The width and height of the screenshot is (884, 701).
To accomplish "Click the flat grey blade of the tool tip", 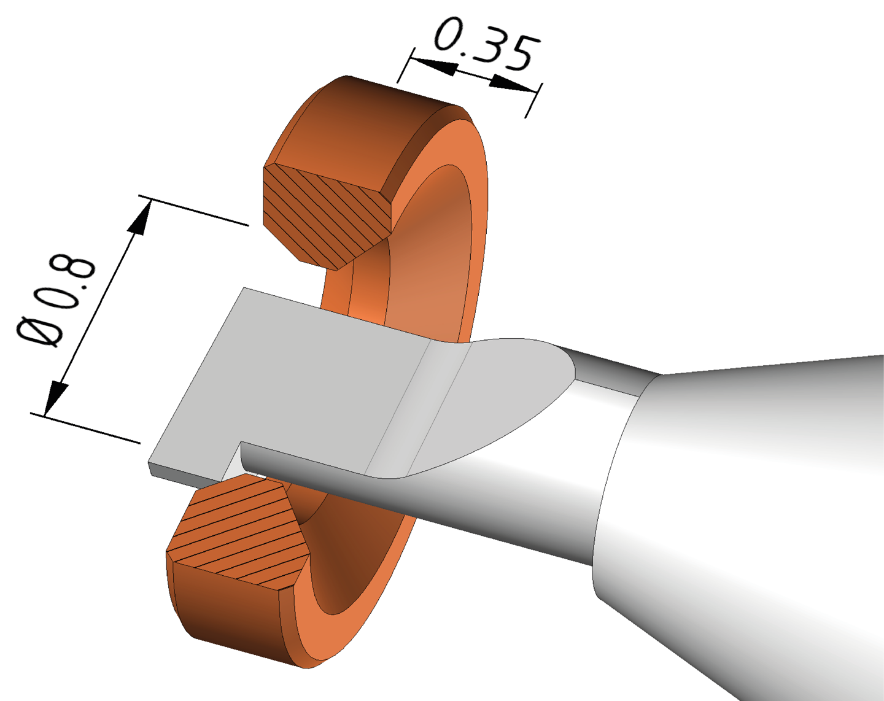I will (x=307, y=381).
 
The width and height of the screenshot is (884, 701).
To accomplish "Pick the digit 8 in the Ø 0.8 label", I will (x=77, y=268).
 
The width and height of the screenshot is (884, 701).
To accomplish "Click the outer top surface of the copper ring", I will (x=368, y=117).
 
